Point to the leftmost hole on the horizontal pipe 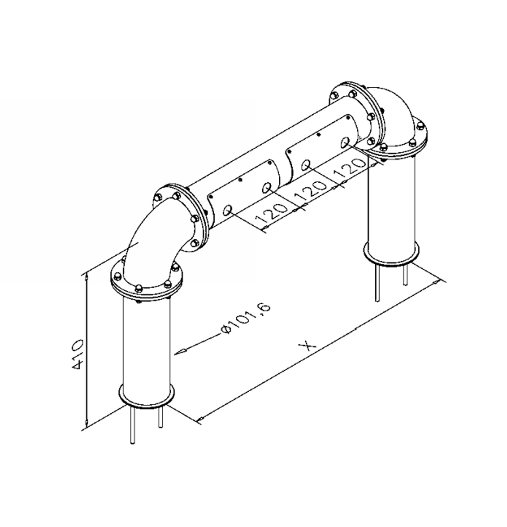pyautogui.click(x=228, y=210)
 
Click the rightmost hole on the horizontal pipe pyautogui.click(x=345, y=142)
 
